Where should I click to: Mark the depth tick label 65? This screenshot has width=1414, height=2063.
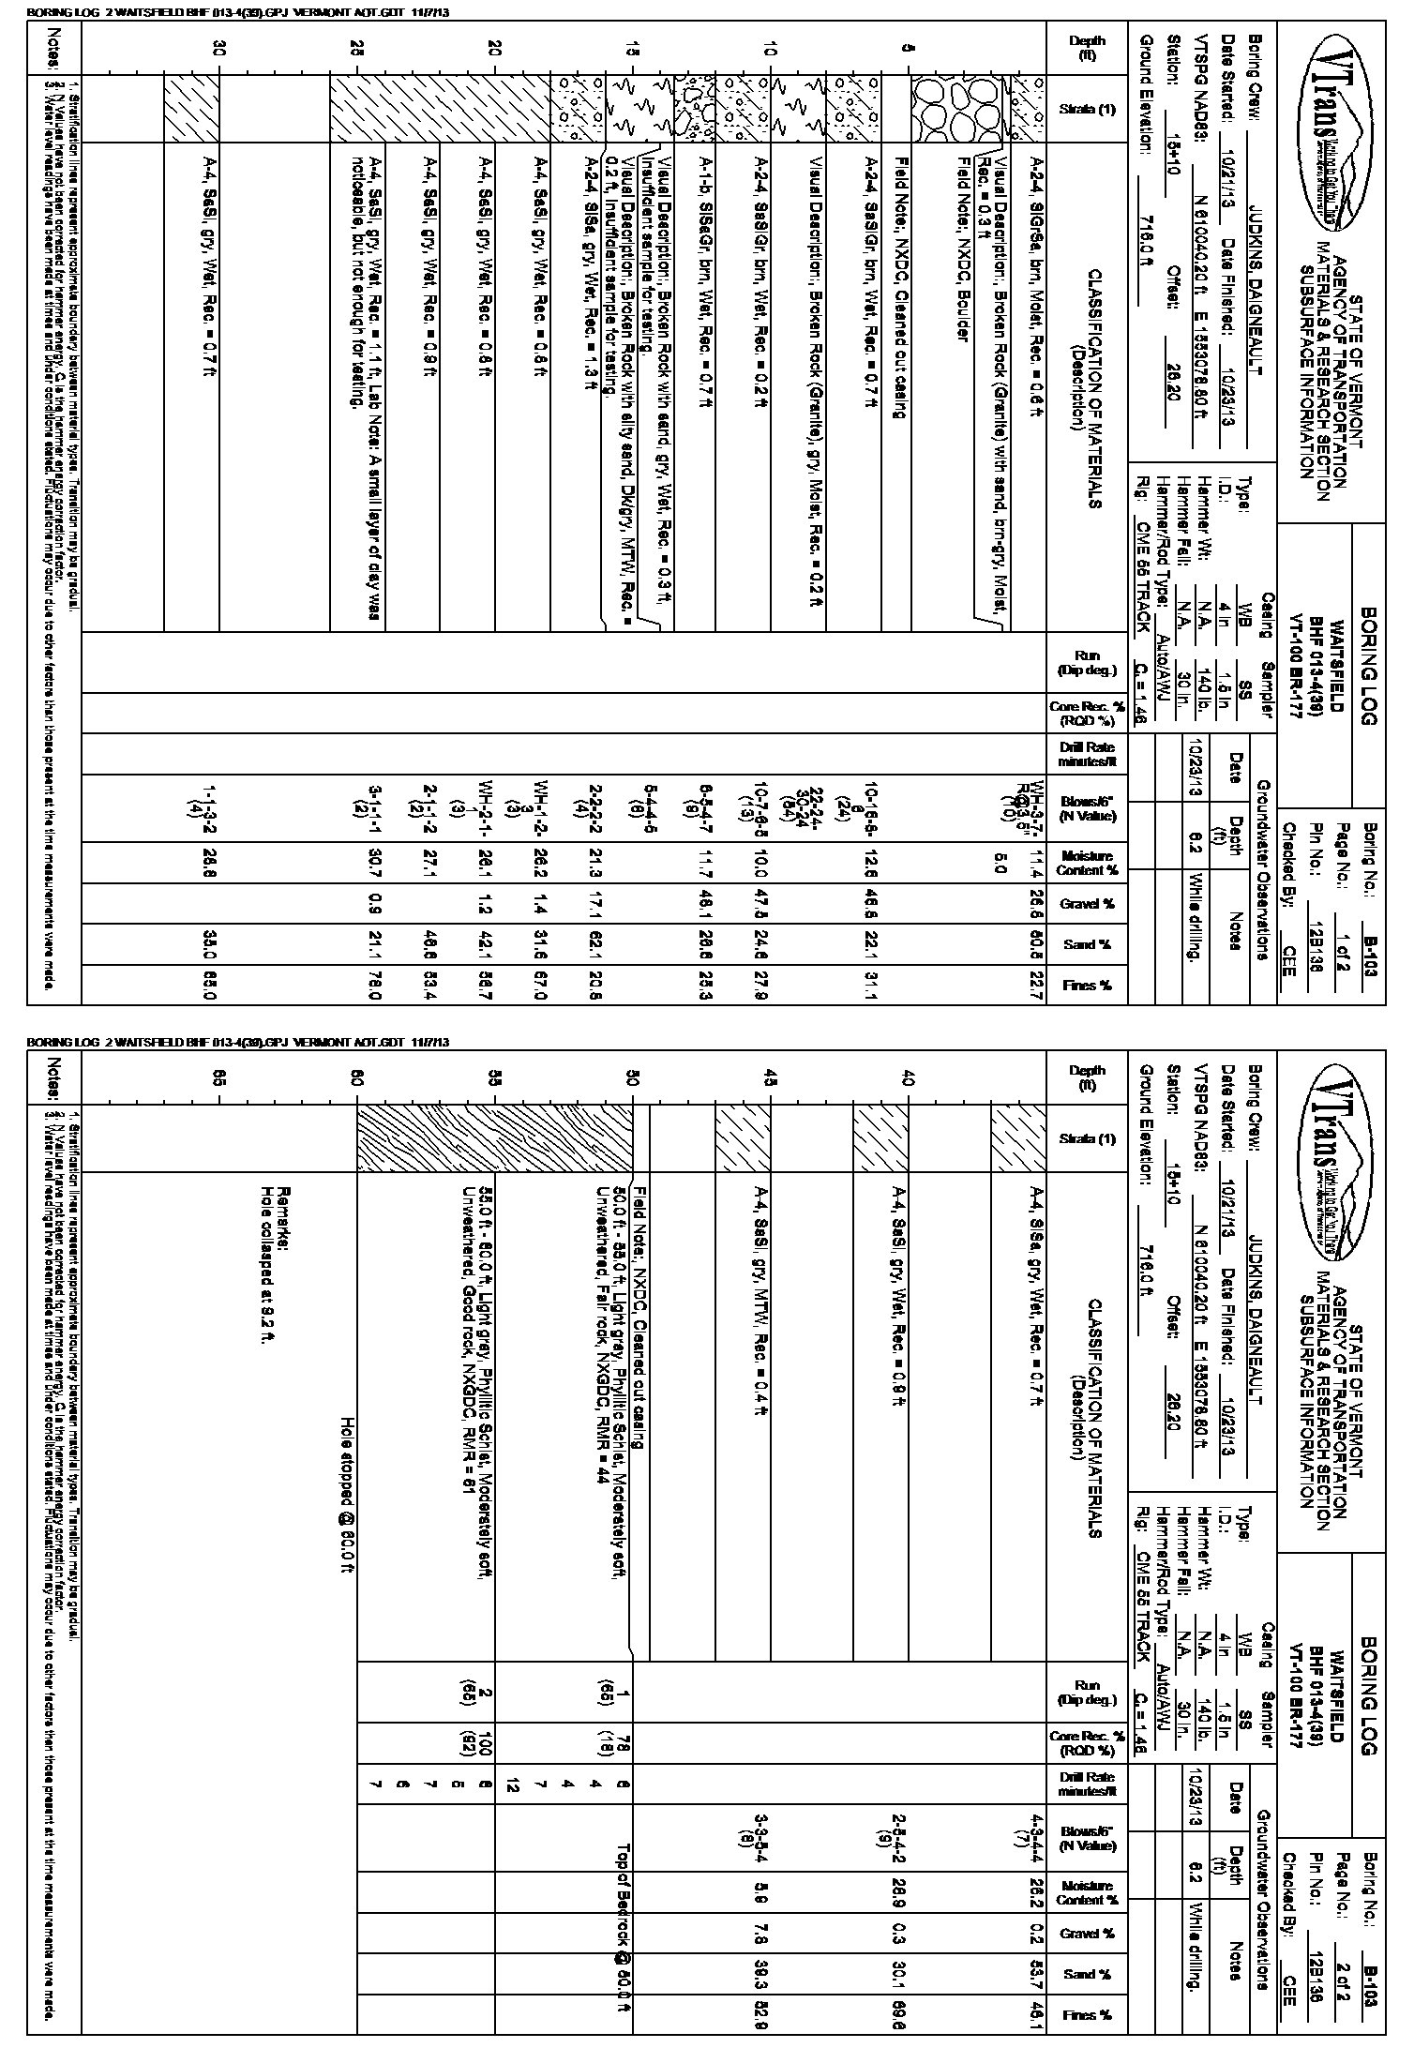click(218, 1079)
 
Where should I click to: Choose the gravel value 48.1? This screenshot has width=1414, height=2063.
click(706, 904)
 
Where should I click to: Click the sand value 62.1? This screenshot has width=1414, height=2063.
click(595, 944)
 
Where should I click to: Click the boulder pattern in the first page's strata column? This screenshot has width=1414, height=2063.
click(942, 108)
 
